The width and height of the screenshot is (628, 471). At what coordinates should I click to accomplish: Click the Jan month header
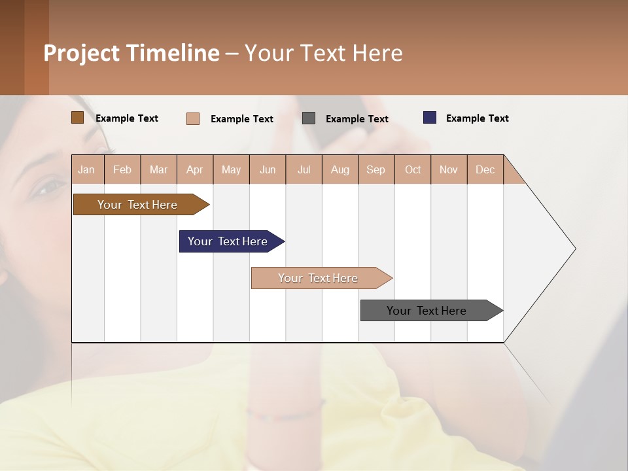[x=87, y=169]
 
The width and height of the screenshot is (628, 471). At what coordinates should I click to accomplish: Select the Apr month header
[x=195, y=169]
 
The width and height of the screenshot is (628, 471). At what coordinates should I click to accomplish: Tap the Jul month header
[x=304, y=169]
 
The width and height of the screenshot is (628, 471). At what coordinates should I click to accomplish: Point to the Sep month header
[x=375, y=169]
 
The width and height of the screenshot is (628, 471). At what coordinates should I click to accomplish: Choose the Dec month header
[x=485, y=169]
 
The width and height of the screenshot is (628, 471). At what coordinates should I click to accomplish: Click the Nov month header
[x=449, y=169]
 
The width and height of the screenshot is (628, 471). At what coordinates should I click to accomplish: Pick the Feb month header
[x=122, y=169]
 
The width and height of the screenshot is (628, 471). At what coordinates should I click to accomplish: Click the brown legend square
[x=78, y=118]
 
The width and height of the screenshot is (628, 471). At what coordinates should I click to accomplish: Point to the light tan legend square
[x=193, y=118]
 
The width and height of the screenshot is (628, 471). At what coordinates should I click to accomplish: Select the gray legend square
[x=309, y=118]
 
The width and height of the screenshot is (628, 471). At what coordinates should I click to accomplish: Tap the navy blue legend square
[x=430, y=118]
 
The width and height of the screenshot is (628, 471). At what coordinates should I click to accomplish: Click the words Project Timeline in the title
[x=131, y=53]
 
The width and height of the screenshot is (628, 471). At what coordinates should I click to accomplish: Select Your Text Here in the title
[x=323, y=53]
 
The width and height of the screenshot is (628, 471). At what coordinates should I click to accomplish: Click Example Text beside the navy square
[x=477, y=118]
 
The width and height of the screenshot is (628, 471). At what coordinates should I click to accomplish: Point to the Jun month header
[x=268, y=169]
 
